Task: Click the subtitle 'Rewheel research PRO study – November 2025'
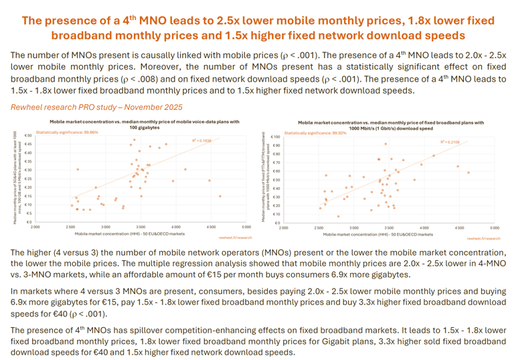click(x=96, y=106)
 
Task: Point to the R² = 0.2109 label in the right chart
click(x=450, y=143)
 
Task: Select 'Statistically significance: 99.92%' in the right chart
click(x=315, y=132)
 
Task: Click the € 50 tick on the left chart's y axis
click(x=29, y=136)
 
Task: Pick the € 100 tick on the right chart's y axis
click(x=274, y=136)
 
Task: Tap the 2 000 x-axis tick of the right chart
click(x=283, y=228)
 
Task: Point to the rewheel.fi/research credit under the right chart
click(x=483, y=238)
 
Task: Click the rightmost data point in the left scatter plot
click(x=220, y=196)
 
